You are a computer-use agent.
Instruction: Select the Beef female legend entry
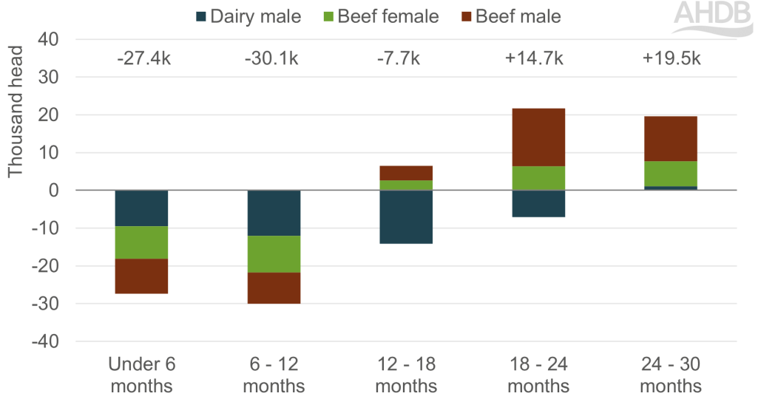coord(382,16)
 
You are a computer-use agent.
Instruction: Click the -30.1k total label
coord(274,58)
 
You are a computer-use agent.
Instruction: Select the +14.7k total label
coord(538,58)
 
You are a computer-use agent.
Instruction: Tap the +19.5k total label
coord(671,58)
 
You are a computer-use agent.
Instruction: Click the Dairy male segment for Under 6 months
coord(141,208)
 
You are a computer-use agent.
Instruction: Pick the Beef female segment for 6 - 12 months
coord(274,254)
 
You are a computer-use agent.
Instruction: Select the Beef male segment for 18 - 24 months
coord(538,137)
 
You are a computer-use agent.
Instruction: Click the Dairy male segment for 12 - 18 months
coord(406,216)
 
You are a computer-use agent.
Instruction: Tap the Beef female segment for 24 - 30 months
coord(671,174)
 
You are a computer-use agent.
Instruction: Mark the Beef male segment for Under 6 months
coord(141,276)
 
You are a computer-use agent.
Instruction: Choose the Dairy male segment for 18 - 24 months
coord(538,203)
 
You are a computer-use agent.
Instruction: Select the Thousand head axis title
coord(16,111)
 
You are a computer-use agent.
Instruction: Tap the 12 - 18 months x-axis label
coord(406,375)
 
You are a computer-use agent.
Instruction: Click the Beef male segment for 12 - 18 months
coord(406,173)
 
